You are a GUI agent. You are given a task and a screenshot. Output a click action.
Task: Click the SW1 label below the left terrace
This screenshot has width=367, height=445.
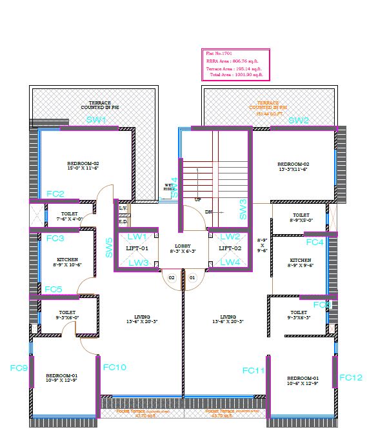96,121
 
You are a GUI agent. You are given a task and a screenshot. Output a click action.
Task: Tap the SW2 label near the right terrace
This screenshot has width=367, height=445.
299,121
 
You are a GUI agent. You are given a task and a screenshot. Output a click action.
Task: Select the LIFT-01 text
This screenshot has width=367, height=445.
137,248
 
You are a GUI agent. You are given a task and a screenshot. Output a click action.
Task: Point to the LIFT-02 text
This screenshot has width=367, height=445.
229,248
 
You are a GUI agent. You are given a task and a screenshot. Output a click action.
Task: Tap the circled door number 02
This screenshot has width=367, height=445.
172,278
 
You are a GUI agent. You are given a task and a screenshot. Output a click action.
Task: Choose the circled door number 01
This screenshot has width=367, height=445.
192,278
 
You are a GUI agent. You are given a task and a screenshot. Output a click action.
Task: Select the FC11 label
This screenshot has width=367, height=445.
254,370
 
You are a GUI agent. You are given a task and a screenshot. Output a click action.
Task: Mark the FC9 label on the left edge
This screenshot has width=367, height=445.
19,368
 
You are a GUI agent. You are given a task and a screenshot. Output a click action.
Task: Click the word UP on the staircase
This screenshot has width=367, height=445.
198,200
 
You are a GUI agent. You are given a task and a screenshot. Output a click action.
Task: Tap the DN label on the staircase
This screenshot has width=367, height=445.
208,211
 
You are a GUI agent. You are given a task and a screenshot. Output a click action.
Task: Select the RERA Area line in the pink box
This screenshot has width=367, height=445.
232,61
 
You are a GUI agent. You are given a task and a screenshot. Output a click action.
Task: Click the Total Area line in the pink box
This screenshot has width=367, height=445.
236,75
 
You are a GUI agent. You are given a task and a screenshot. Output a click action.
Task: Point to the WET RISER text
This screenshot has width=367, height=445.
169,187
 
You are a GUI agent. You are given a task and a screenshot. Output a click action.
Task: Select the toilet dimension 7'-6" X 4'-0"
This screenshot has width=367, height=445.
69,219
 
